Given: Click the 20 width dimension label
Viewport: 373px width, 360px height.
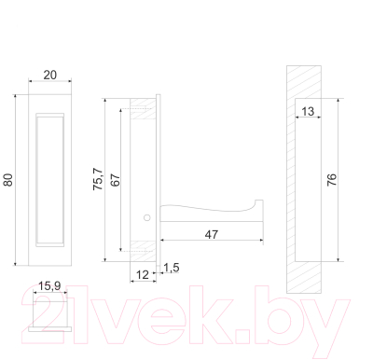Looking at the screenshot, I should [49, 75].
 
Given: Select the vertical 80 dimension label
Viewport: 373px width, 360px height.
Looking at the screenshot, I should [9, 180].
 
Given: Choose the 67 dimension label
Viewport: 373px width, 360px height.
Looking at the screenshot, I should [115, 180].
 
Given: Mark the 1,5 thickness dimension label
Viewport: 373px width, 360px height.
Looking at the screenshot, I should [172, 269].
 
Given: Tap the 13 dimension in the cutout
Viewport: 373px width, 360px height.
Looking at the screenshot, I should [308, 113].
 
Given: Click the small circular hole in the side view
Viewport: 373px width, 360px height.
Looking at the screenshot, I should [146, 217].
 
